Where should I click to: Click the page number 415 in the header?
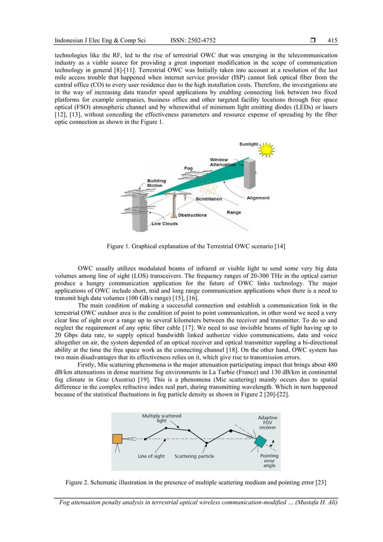[332, 41]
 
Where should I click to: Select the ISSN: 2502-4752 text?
[195, 41]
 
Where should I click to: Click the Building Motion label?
[157, 183]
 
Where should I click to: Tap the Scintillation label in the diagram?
[208, 199]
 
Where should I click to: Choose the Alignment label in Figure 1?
[258, 198]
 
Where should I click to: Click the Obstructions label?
[193, 215]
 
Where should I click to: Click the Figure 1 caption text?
[191, 246]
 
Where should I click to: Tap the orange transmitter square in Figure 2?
[117, 439]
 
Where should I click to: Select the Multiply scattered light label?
[161, 418]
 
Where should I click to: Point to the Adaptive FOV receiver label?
[267, 422]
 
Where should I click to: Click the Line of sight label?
[151, 457]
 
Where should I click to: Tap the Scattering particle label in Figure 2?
[195, 457]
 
